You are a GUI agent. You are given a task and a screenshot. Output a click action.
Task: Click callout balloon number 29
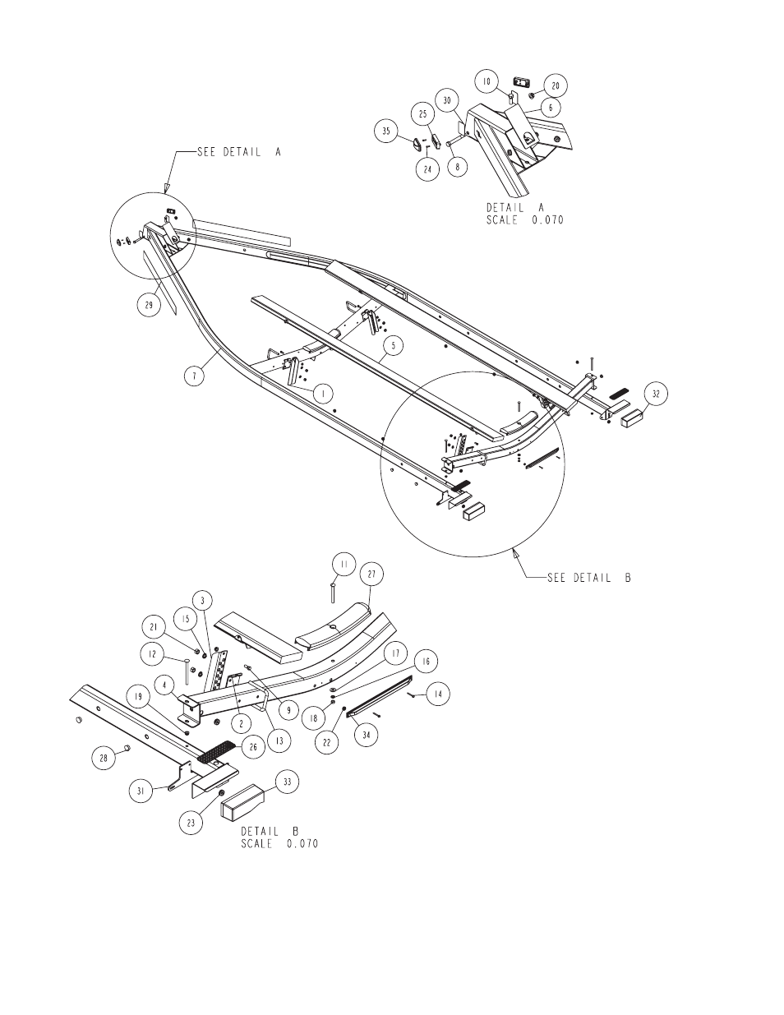(149, 305)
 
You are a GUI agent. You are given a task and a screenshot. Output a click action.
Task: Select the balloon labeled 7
(194, 375)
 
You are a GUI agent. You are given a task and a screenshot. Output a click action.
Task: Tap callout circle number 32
(656, 394)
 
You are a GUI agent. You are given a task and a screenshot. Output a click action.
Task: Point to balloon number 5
(394, 346)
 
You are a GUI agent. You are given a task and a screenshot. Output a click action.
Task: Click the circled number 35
(386, 131)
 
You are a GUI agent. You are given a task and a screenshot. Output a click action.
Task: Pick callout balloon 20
(556, 85)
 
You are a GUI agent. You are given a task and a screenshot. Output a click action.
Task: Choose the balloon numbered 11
(344, 565)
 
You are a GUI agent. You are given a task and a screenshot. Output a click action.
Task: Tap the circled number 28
(104, 757)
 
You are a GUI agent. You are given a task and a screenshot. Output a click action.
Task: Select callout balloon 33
(287, 782)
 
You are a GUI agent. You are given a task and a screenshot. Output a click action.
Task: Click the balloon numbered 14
(437, 694)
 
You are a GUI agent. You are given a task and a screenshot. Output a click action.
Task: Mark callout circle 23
(191, 823)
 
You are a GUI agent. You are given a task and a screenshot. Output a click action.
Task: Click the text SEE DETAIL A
(239, 152)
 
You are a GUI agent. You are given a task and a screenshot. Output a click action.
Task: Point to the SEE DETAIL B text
(588, 578)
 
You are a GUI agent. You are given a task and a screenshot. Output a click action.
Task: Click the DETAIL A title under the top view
(515, 207)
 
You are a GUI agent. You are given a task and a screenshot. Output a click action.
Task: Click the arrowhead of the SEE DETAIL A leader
(165, 187)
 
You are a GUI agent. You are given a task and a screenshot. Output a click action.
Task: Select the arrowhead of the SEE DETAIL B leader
(516, 554)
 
